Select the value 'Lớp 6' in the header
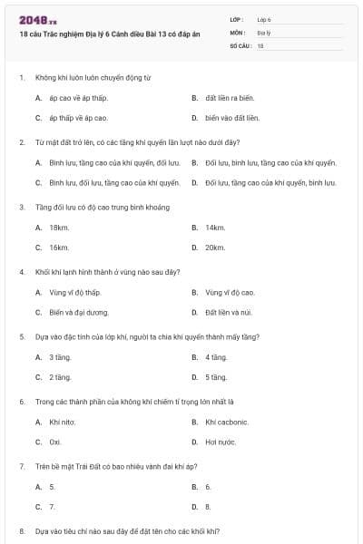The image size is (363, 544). (263, 18)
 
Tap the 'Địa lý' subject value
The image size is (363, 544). (262, 32)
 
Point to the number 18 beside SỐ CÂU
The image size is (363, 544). (260, 45)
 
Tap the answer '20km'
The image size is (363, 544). (215, 248)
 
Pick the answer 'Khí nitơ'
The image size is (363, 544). (62, 423)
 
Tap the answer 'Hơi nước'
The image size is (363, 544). (220, 442)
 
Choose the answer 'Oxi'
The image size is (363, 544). (55, 442)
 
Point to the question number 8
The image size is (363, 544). (22, 530)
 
